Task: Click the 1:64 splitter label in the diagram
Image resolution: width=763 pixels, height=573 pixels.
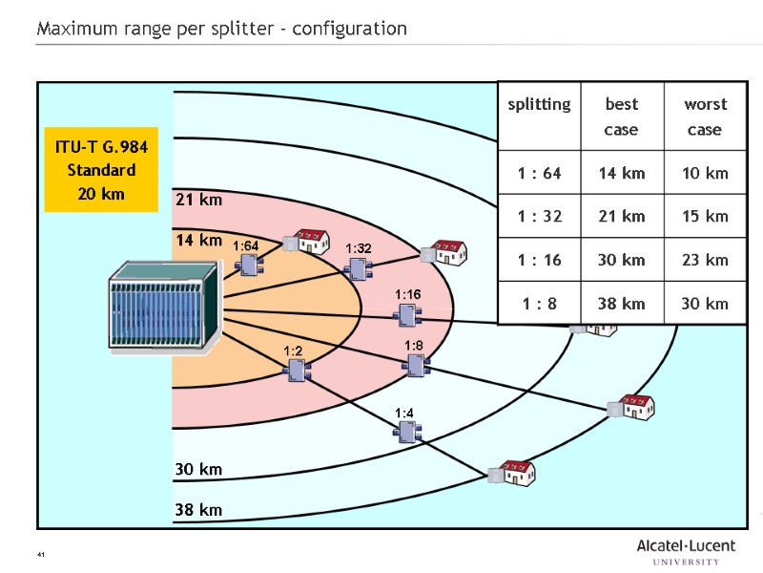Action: pyautogui.click(x=246, y=246)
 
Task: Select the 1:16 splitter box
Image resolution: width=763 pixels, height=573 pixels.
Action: pyautogui.click(x=409, y=315)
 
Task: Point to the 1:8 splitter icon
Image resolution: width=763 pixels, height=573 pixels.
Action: pyautogui.click(x=416, y=365)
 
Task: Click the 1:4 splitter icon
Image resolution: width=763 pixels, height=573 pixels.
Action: pyautogui.click(x=407, y=432)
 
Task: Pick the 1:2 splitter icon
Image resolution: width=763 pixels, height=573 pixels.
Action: pyautogui.click(x=295, y=371)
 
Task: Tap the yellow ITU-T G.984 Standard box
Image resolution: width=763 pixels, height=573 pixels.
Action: pyautogui.click(x=100, y=170)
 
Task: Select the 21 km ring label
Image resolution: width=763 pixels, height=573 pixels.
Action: pyautogui.click(x=198, y=201)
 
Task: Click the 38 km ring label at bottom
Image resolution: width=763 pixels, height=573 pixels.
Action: pyautogui.click(x=198, y=510)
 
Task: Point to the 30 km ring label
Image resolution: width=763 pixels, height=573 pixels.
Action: pyautogui.click(x=198, y=469)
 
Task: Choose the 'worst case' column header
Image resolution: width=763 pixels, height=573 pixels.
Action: pyautogui.click(x=705, y=116)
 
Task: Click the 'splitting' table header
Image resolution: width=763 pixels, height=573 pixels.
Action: pyautogui.click(x=539, y=104)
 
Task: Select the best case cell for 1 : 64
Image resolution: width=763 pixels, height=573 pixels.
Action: pyautogui.click(x=622, y=173)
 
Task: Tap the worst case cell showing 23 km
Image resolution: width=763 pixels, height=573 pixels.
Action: pyautogui.click(x=705, y=260)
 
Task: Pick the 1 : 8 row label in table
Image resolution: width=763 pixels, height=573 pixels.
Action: pyautogui.click(x=539, y=304)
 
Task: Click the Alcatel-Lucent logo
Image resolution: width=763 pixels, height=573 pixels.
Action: pyautogui.click(x=686, y=551)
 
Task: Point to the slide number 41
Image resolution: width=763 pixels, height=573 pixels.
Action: pyautogui.click(x=41, y=555)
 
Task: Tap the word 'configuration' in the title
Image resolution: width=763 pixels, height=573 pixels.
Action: pyautogui.click(x=349, y=29)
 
